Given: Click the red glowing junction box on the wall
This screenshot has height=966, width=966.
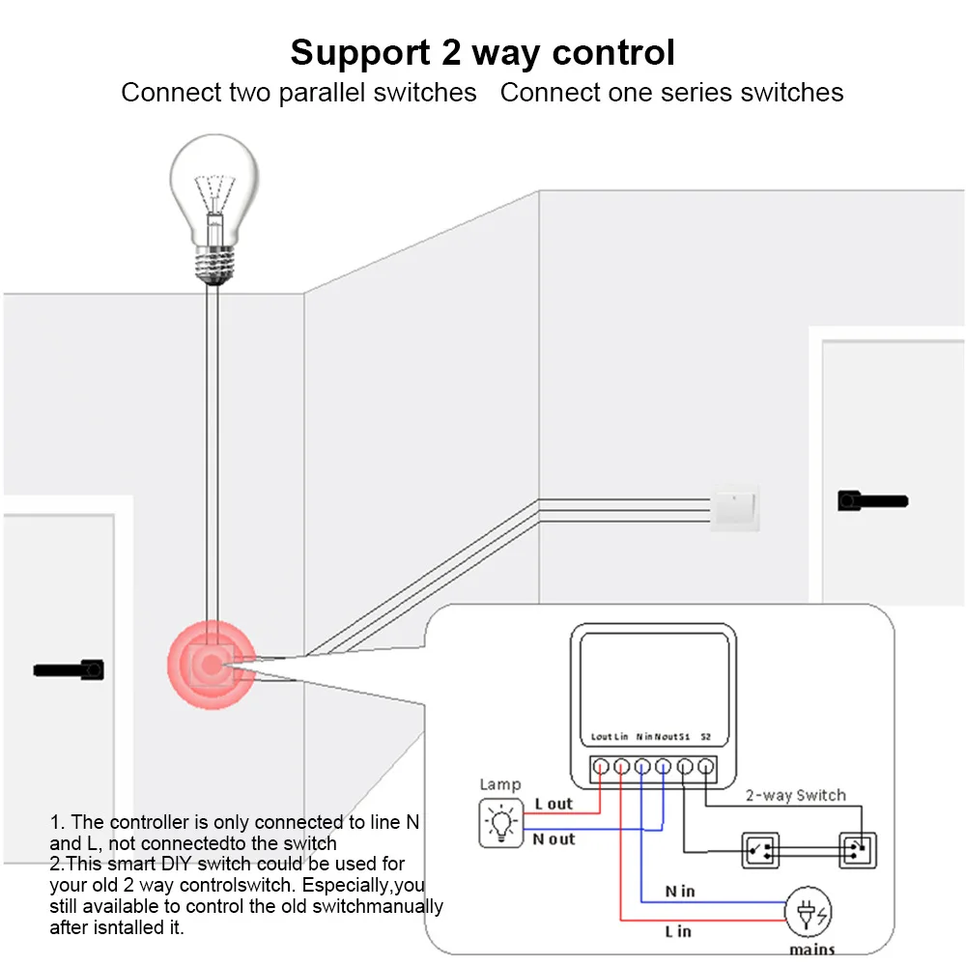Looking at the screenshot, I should pos(211,665).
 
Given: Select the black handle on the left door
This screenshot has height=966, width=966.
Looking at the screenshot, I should pos(70,668).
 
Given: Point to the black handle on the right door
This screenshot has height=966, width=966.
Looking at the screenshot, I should pos(871,500).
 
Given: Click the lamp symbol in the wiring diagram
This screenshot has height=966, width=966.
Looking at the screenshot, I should pos(501,823).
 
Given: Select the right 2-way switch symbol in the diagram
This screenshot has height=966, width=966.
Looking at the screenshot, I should pos(856,850).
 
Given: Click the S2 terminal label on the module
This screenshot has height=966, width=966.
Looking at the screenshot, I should pos(706,737).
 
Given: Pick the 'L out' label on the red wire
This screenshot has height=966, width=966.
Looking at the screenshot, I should pos(554,804).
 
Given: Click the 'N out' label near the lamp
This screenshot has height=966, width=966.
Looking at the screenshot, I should pos(554,839).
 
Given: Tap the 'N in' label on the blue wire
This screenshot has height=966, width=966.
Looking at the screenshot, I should pos(680,891).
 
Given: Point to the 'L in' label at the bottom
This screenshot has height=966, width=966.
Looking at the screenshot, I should pos(678,931).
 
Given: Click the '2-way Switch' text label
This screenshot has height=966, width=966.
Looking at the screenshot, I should pos(795,796).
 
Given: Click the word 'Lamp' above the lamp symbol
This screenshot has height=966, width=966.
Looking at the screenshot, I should pos(500,784).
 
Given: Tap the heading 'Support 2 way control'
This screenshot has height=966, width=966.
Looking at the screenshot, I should pos(482,52).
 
